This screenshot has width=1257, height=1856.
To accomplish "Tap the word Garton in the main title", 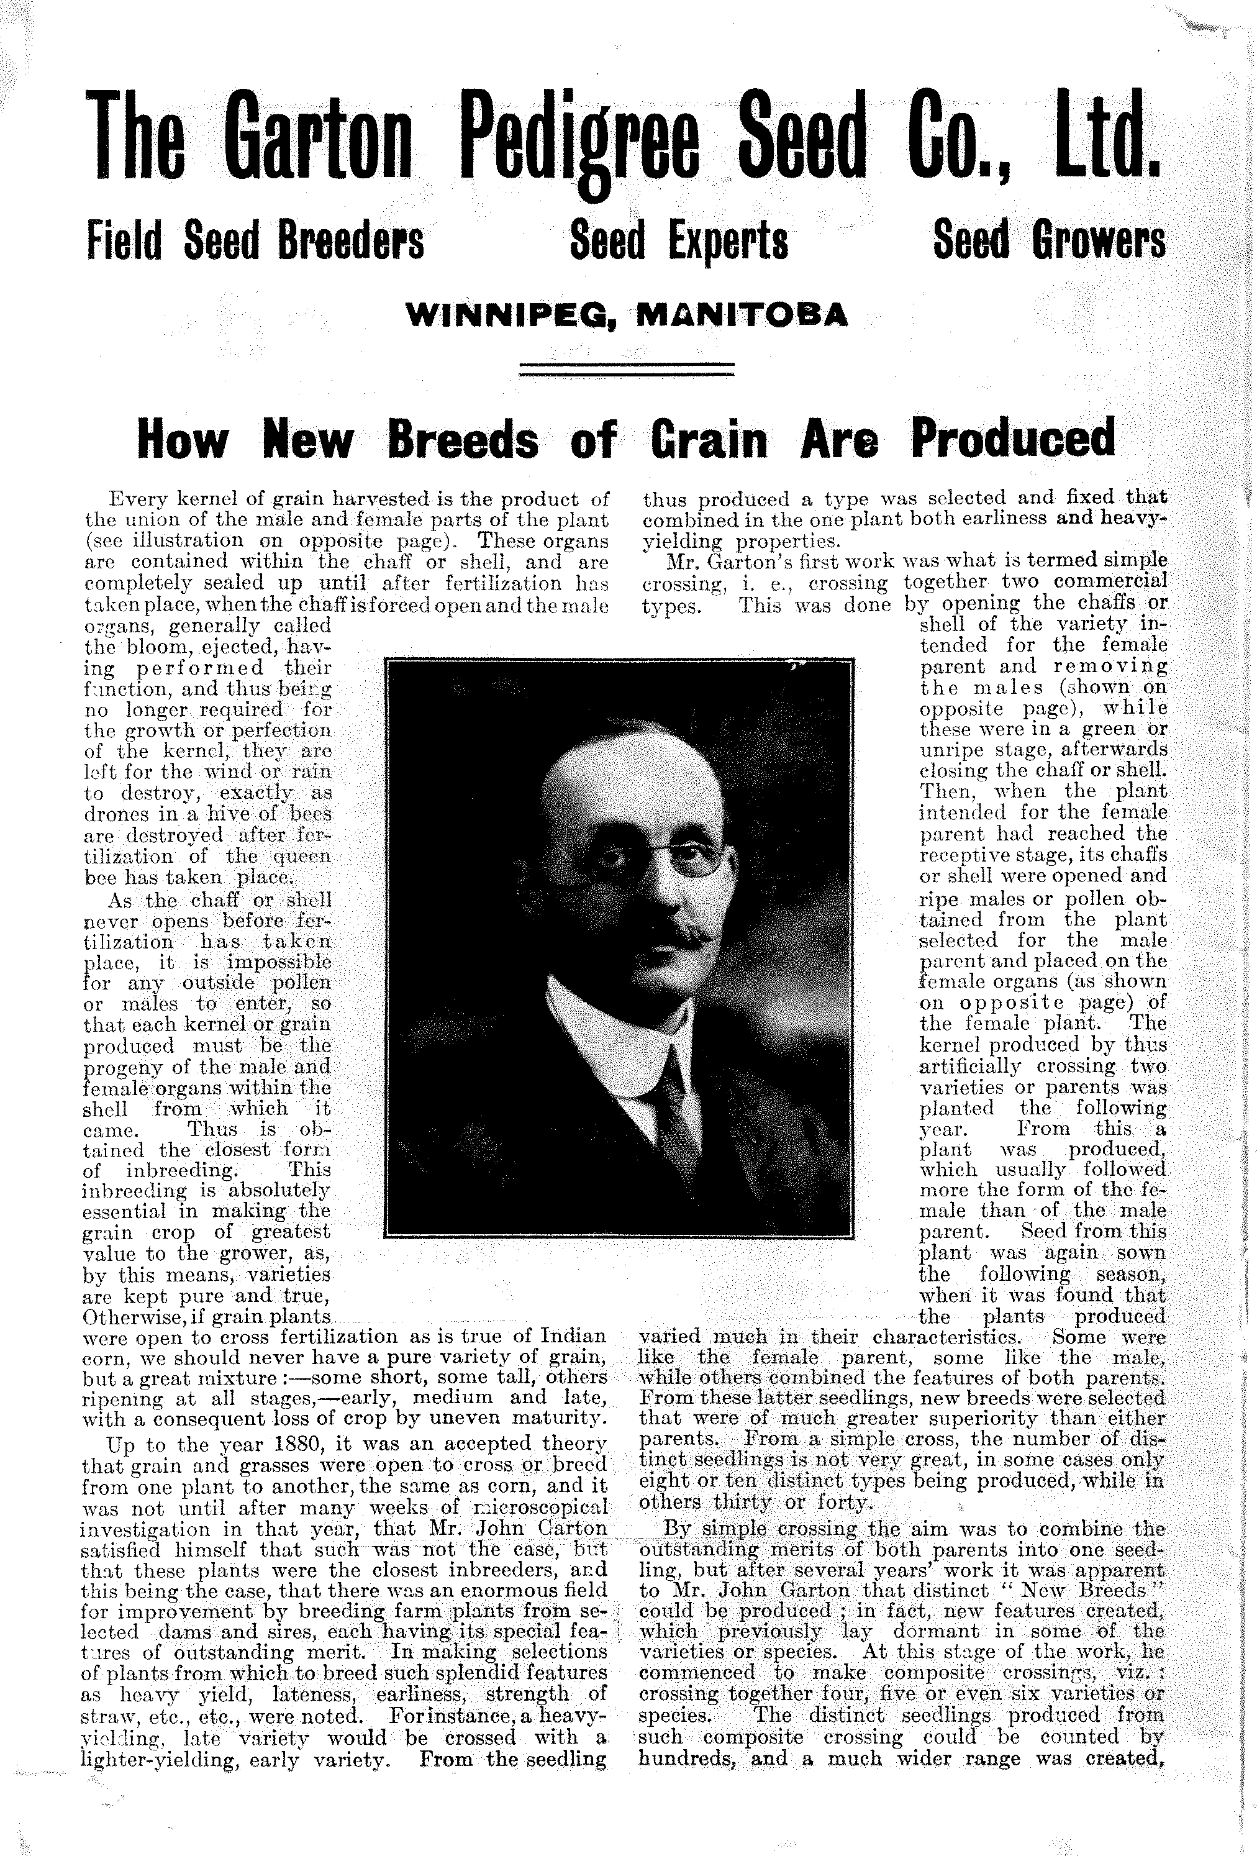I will pyautogui.click(x=318, y=136).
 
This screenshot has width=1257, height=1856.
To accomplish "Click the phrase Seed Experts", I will pyautogui.click(x=679, y=240).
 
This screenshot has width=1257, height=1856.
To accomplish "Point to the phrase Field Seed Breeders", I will pyautogui.click(x=254, y=240).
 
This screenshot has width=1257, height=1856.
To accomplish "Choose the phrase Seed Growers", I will pyautogui.click(x=1048, y=240).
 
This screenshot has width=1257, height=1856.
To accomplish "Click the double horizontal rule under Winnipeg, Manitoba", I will pyautogui.click(x=626, y=369).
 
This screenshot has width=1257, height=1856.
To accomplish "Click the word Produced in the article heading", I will pyautogui.click(x=1013, y=440).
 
